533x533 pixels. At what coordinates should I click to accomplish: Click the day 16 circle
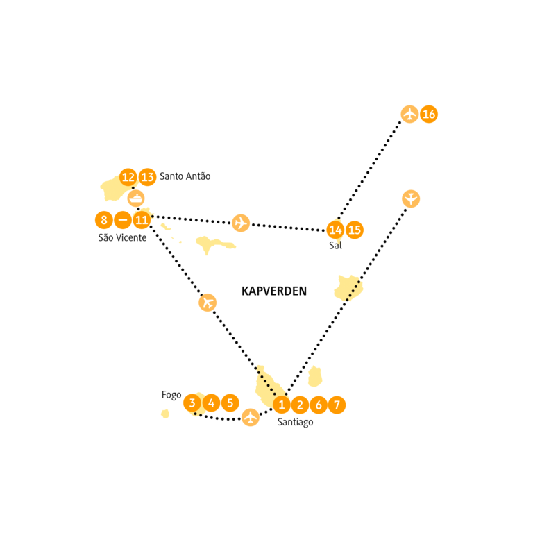click(429, 115)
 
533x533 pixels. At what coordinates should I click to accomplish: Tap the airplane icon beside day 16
click(410, 115)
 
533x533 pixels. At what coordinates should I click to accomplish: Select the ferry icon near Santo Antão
click(136, 198)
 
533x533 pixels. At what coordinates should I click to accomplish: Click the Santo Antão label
click(185, 177)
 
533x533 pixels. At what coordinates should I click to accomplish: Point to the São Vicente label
click(122, 237)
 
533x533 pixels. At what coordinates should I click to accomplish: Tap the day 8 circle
click(104, 221)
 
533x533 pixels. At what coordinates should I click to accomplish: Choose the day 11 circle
click(142, 221)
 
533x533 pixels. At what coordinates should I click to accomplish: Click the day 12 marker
click(128, 177)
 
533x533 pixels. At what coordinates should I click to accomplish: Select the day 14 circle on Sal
click(335, 230)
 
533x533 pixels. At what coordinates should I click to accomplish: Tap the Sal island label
click(336, 245)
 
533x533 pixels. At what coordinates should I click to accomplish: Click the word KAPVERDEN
click(274, 291)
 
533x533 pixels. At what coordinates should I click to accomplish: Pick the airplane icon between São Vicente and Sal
click(240, 223)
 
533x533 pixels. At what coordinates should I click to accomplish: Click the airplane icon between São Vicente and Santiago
click(208, 303)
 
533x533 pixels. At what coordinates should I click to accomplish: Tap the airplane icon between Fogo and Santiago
click(251, 417)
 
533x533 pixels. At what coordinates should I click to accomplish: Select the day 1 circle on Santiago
click(281, 405)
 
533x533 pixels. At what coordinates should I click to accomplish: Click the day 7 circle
click(336, 405)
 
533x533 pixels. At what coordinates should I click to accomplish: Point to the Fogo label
click(171, 395)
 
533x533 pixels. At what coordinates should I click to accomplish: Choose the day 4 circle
click(212, 403)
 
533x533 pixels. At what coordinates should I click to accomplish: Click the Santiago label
click(295, 422)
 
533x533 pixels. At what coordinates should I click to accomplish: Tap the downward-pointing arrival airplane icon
click(411, 199)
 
